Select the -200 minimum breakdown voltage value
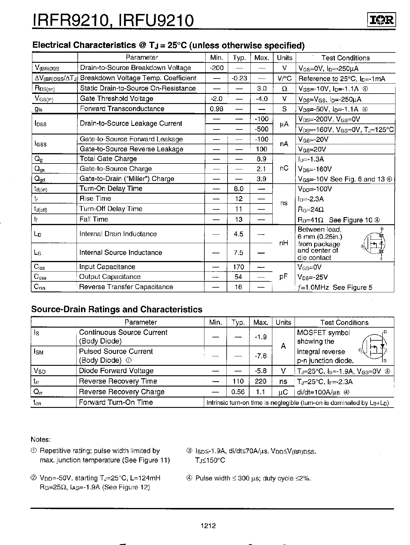(x=216, y=68)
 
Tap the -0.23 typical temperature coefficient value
(x=239, y=78)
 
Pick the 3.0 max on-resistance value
(x=261, y=88)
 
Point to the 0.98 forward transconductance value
(x=216, y=109)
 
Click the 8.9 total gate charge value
(x=261, y=159)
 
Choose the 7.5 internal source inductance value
(x=238, y=253)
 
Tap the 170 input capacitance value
(x=238, y=267)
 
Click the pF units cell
(x=284, y=277)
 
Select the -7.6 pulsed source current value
(x=261, y=356)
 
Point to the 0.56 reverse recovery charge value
(x=238, y=392)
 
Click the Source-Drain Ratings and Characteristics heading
(x=117, y=310)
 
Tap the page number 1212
(x=208, y=526)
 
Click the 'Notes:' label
(x=41, y=440)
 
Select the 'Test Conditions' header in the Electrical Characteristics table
(x=345, y=58)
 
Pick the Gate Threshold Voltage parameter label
(x=117, y=99)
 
